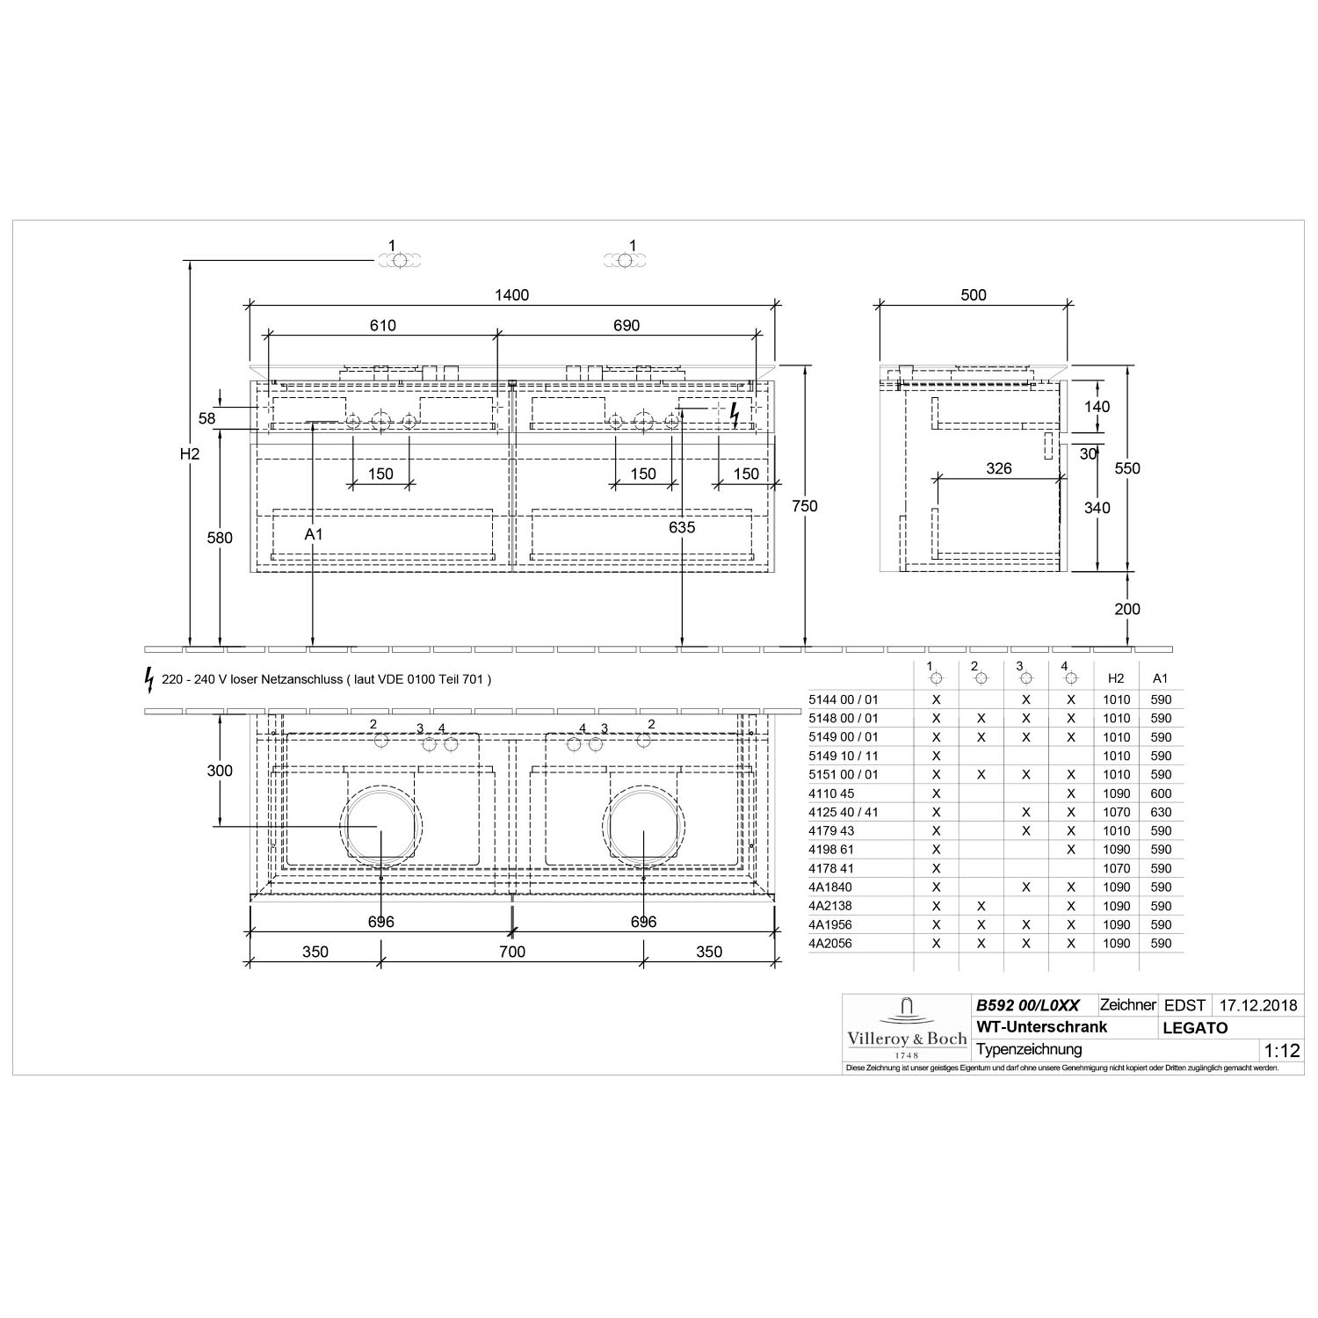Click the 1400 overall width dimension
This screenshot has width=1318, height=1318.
point(511,295)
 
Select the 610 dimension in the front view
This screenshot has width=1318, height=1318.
point(382,325)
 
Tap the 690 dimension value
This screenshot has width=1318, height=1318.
point(626,325)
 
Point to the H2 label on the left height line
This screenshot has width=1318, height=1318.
point(190,454)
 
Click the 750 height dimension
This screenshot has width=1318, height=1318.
point(804,506)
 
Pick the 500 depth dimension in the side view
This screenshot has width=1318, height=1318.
point(974,295)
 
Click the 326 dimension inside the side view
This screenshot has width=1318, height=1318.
point(999,468)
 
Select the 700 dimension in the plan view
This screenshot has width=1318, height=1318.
point(512,952)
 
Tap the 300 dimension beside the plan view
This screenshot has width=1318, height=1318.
point(220,771)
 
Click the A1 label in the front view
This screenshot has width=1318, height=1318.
point(314,534)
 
